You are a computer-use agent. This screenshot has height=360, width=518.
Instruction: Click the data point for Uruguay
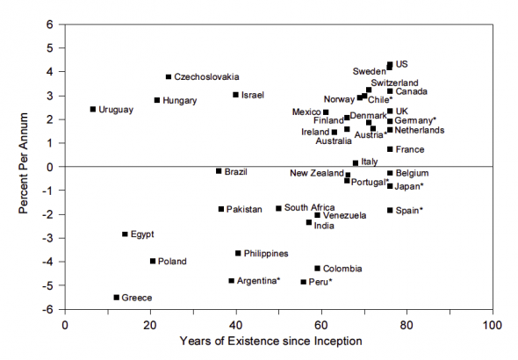click(93, 109)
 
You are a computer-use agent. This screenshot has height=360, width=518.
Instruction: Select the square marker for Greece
click(116, 298)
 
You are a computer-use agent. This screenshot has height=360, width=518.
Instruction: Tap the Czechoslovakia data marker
click(169, 76)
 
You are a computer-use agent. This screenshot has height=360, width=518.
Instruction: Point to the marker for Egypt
click(125, 234)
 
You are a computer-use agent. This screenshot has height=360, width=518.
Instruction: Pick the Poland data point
click(153, 261)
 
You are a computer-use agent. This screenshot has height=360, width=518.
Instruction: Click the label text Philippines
click(266, 254)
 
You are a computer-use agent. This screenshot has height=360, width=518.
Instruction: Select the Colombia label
click(342, 269)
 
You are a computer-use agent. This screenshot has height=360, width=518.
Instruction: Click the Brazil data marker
click(219, 171)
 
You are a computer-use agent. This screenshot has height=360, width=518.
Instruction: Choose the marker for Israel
click(235, 95)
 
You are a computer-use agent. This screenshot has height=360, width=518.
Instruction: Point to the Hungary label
click(179, 100)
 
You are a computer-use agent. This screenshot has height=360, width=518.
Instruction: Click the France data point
click(390, 149)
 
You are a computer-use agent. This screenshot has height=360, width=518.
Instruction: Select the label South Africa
click(308, 208)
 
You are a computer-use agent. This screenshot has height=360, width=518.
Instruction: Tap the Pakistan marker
click(221, 209)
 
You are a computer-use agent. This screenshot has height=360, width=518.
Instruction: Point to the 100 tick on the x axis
click(493, 323)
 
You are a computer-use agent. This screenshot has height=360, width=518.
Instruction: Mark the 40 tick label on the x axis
click(236, 323)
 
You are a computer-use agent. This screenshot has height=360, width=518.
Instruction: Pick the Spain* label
click(410, 211)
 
